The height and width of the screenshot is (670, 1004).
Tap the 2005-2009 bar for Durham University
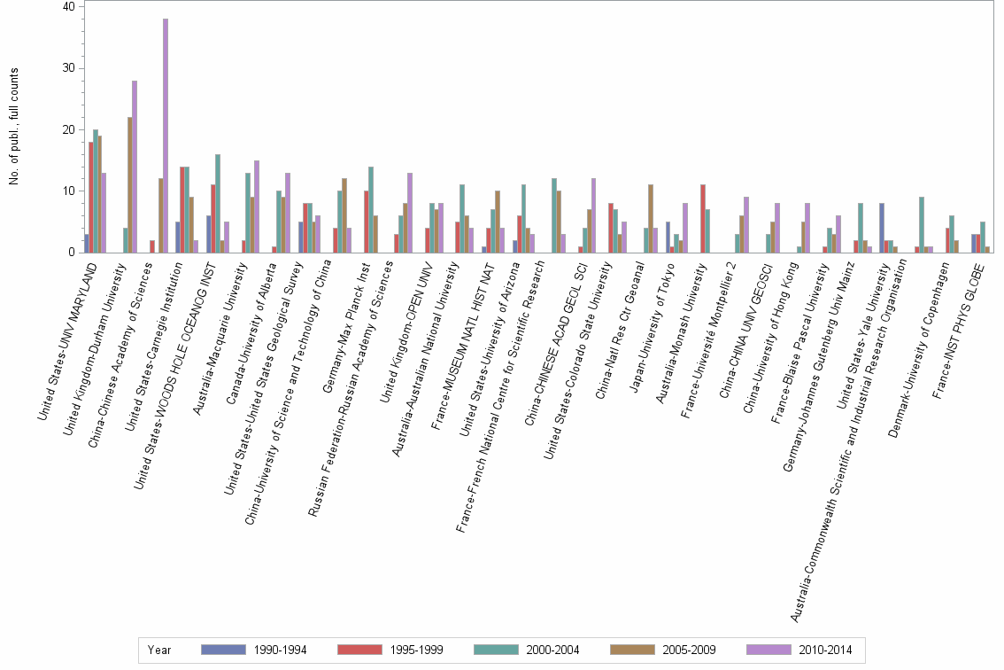[129, 185]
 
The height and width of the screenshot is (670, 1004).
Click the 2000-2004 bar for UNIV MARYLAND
[96, 191]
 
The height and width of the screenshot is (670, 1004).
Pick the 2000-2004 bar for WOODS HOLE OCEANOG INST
[217, 204]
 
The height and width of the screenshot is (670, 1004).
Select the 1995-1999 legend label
[416, 650]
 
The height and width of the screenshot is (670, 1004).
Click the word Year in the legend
[160, 650]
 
